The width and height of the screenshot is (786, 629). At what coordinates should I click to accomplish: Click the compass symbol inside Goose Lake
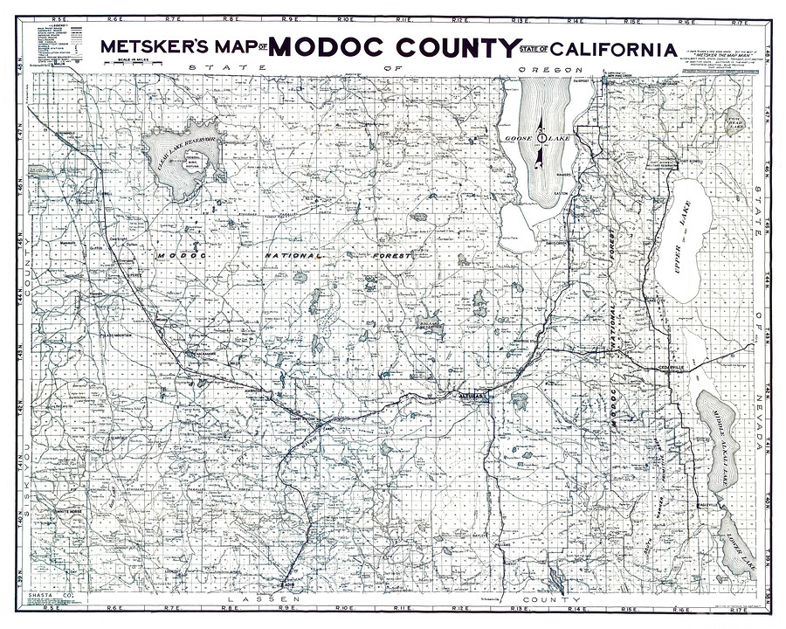pos(541,138)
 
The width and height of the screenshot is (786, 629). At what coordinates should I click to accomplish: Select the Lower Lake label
pos(738,546)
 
